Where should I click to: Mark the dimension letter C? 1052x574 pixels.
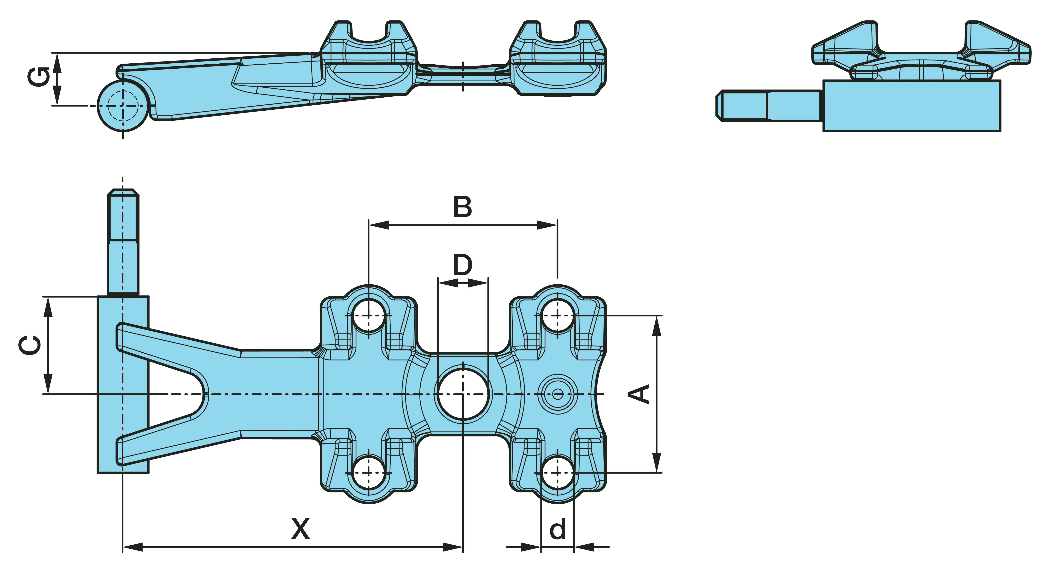click(x=31, y=345)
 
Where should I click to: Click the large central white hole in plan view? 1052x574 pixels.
click(x=463, y=394)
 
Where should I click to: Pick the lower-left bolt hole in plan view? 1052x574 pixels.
click(x=369, y=472)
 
